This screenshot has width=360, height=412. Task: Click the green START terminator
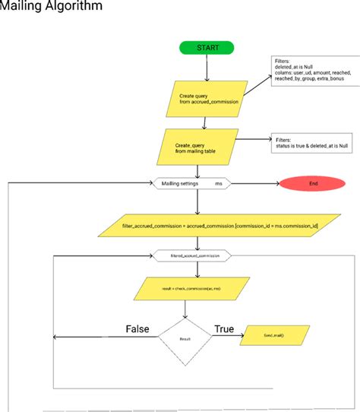[207, 48]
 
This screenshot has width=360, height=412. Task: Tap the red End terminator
[314, 183]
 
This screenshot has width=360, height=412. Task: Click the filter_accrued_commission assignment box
[197, 225]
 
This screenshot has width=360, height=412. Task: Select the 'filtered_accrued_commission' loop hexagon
[197, 257]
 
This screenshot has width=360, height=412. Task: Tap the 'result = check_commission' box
[197, 290]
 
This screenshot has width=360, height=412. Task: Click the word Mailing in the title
[23, 7]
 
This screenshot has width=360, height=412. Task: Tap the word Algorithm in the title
[76, 7]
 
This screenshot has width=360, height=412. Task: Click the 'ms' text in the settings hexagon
[219, 183]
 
